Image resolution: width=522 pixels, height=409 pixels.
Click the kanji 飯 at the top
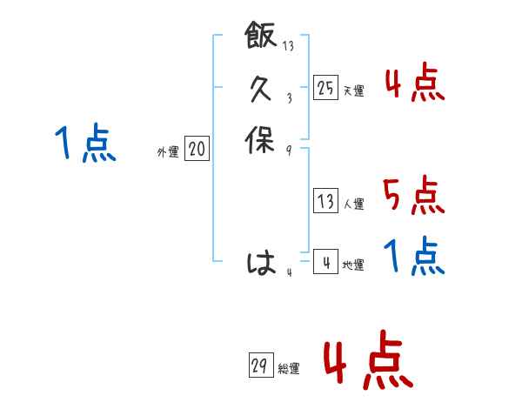pos(261,39)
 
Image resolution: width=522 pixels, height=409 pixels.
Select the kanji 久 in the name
pos(261,90)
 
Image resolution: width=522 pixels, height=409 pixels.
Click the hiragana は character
pos(261,264)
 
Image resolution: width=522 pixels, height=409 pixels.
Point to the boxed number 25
pos(325,87)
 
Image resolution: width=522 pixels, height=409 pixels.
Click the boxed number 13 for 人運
pos(325,202)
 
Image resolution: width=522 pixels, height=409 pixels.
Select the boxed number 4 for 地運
pos(325,263)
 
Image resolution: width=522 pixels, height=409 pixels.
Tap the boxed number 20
pos(197,150)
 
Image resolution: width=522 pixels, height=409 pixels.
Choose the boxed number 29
pos(258,365)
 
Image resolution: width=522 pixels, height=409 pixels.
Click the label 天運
pos(353,91)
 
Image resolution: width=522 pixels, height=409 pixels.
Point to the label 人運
pos(353,205)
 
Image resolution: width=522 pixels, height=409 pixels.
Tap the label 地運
pos(353,265)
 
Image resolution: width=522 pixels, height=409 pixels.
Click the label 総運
pos(288,369)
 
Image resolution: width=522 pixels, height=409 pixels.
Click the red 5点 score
pos(413,196)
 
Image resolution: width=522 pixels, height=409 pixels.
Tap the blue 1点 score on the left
pos(84,144)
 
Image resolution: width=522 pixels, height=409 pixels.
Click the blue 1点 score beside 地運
pos(414,257)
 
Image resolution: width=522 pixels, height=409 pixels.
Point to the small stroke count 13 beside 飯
pos(288,46)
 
